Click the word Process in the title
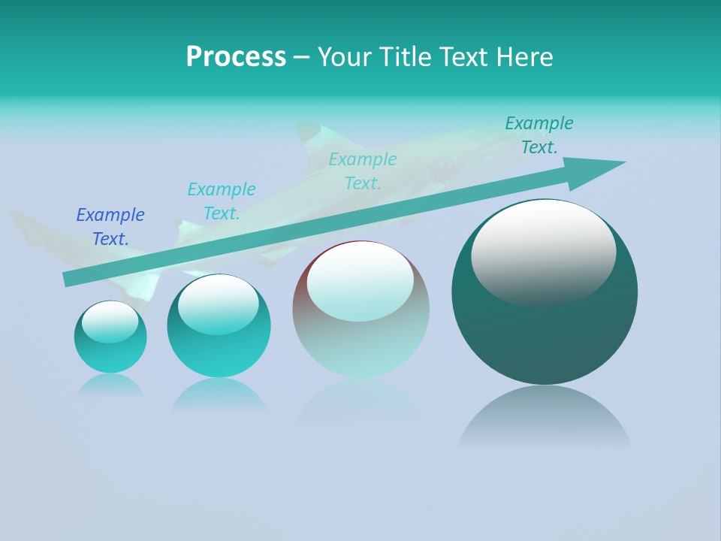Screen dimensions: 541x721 point(236,57)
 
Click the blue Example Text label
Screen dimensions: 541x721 point(110,227)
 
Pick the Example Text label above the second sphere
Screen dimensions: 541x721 point(222,201)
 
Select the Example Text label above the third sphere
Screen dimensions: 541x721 point(363,171)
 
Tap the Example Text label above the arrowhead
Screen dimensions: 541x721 point(539,135)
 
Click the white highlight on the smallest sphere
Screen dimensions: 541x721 point(110,322)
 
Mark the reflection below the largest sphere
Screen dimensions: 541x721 point(545,417)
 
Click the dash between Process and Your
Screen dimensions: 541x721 point(301,58)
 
